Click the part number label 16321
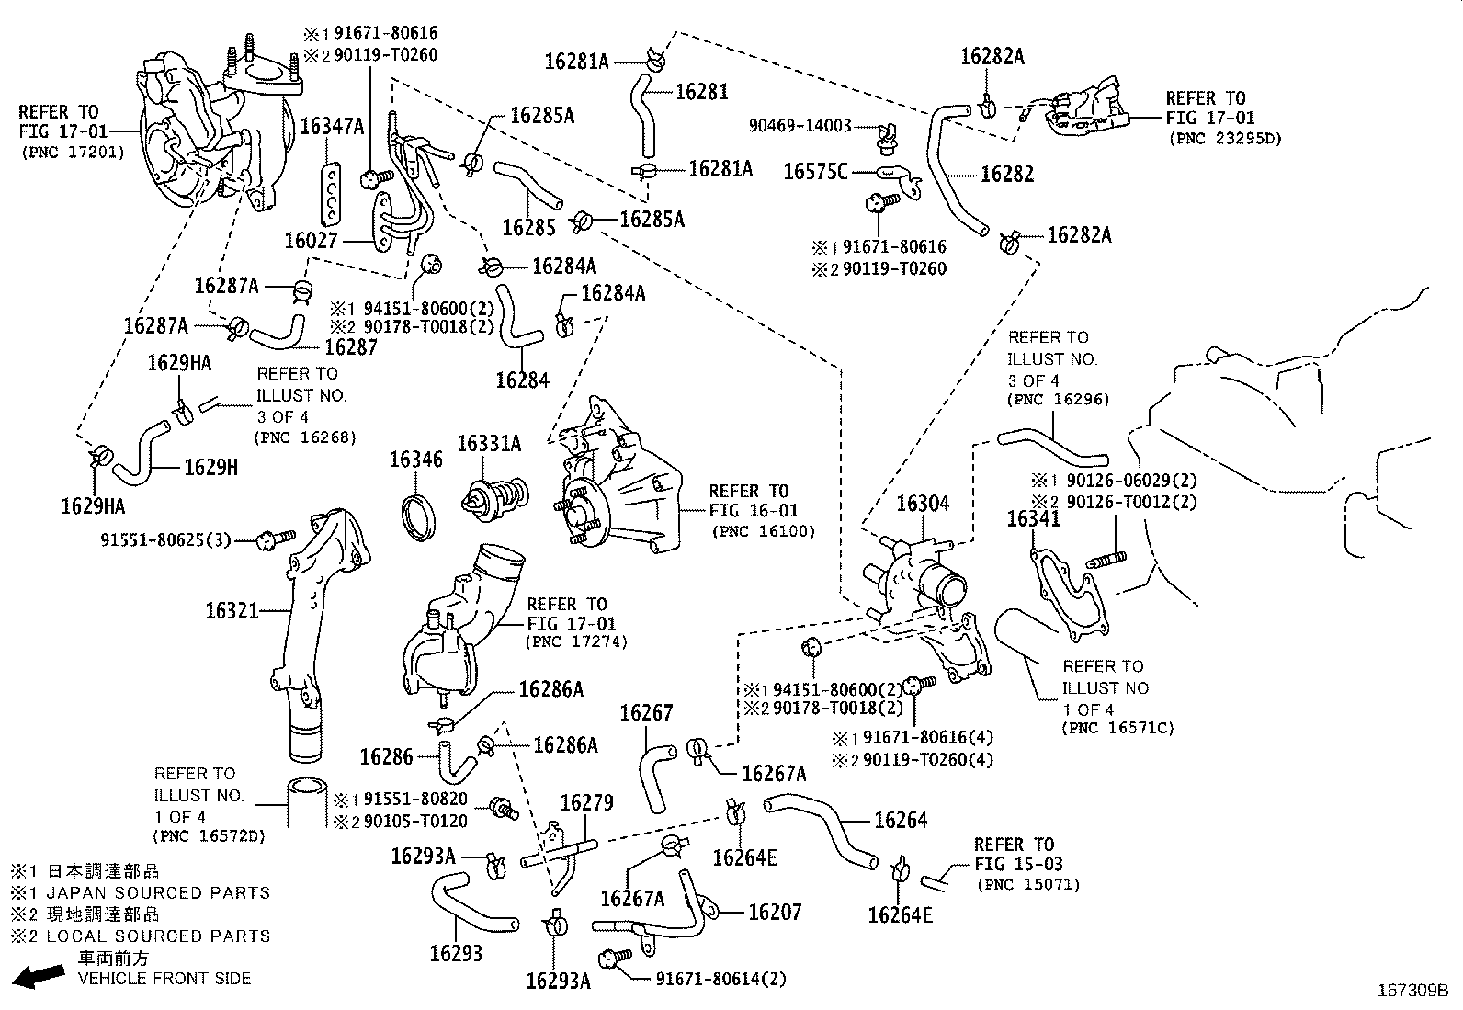pyautogui.click(x=232, y=610)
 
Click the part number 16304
pyautogui.click(x=923, y=504)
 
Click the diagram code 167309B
pyautogui.click(x=1412, y=991)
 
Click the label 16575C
pyautogui.click(x=815, y=171)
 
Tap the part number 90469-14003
pyautogui.click(x=800, y=126)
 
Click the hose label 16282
pyautogui.click(x=1007, y=174)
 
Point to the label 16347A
pyautogui.click(x=332, y=127)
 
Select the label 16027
pyautogui.click(x=312, y=241)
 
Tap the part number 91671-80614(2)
pyautogui.click(x=721, y=980)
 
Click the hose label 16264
pyautogui.click(x=901, y=820)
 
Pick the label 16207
pyautogui.click(x=775, y=912)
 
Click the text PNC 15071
pyautogui.click(x=1028, y=885)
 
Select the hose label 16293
pyautogui.click(x=456, y=953)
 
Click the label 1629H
pyautogui.click(x=210, y=467)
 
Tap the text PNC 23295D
pyautogui.click(x=1225, y=139)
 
